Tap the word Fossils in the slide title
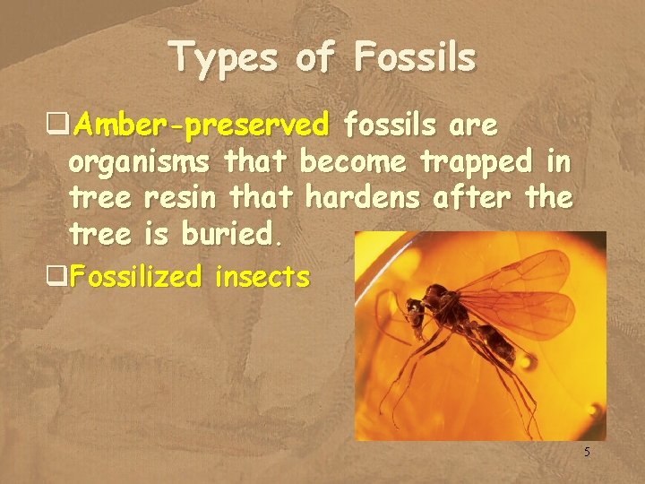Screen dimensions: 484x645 415,57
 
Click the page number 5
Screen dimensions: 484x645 587,453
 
